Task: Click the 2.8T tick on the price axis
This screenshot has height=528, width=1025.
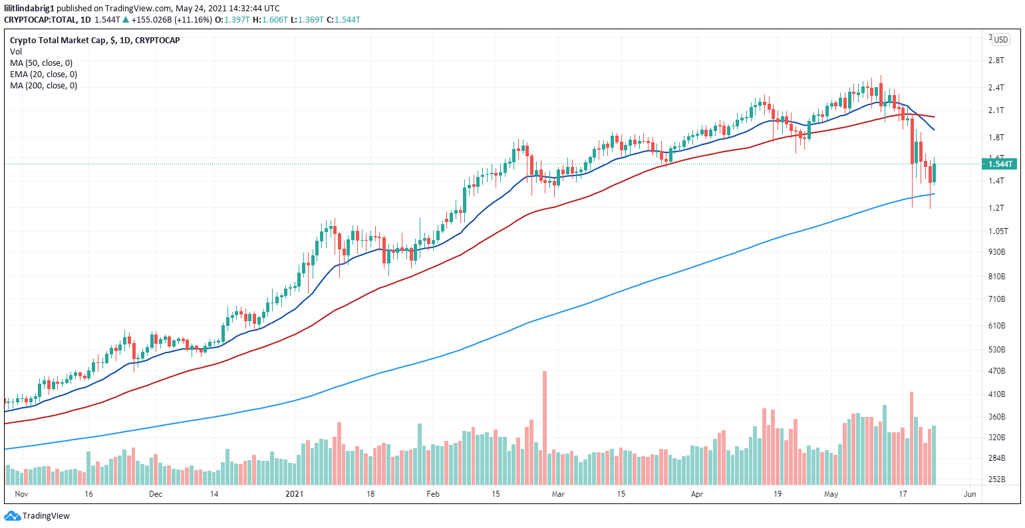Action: click(996, 61)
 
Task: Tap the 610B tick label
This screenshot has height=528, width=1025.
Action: click(996, 326)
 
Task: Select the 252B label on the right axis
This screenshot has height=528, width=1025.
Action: click(996, 479)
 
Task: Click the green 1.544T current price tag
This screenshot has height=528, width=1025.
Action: click(1000, 164)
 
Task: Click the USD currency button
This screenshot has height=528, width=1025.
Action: click(1000, 40)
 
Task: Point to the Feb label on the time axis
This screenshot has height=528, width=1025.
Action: click(433, 494)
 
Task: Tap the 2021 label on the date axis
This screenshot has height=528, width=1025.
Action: click(294, 494)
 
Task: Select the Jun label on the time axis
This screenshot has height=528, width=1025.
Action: click(969, 494)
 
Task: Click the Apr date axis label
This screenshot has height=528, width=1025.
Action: click(697, 494)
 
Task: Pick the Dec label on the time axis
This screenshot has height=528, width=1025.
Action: click(156, 494)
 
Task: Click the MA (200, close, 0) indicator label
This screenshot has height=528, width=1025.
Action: click(43, 85)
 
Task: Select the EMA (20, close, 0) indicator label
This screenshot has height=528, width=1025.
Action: click(43, 74)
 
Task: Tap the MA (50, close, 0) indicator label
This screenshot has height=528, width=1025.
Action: click(41, 63)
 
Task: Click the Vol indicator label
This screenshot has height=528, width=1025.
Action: click(16, 51)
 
